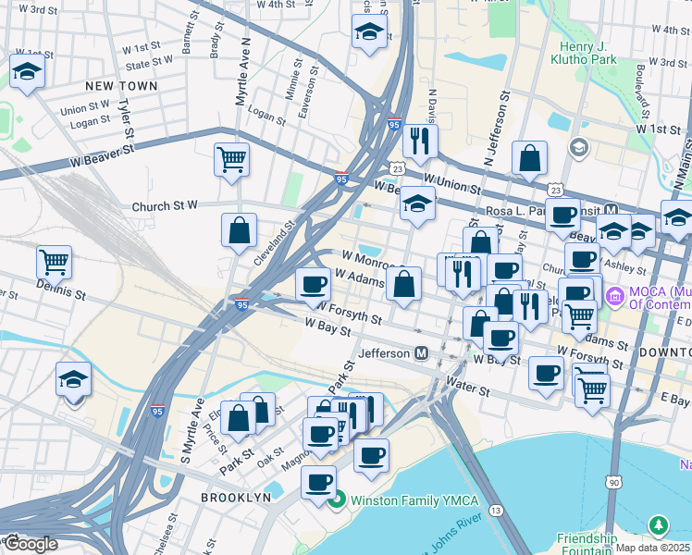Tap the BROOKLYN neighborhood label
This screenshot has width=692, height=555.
[x=237, y=497]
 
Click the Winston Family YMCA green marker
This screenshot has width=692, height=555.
[x=337, y=500]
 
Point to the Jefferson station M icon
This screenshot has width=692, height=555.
[x=421, y=352]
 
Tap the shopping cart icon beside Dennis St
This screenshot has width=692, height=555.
[x=55, y=262]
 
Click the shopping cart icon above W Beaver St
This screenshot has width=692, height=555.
[x=231, y=158]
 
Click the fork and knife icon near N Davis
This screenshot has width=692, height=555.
[x=421, y=141]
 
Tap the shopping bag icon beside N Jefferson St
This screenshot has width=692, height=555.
[x=529, y=159]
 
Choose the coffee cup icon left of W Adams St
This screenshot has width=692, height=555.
[x=314, y=283]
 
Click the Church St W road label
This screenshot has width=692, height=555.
[x=166, y=206]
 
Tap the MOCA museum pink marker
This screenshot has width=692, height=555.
[x=613, y=297]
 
